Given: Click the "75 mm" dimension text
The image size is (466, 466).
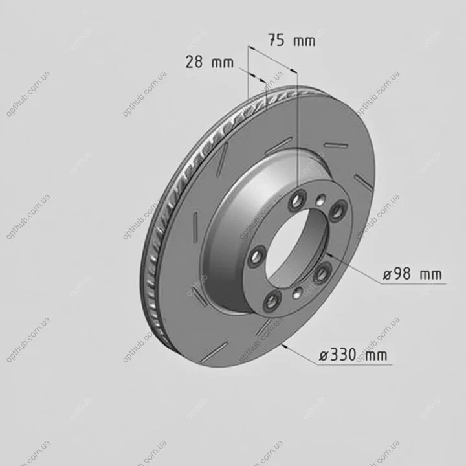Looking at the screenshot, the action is pyautogui.click(x=291, y=40).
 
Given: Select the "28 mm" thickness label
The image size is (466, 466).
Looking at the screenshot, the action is pyautogui.click(x=210, y=62).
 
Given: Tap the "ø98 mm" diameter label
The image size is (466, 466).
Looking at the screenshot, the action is pyautogui.click(x=412, y=274).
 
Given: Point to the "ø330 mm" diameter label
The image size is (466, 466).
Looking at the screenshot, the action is pyautogui.click(x=353, y=355).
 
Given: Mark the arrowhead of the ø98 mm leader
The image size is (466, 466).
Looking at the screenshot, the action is pyautogui.click(x=329, y=254).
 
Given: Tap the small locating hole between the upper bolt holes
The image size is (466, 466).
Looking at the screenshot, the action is pyautogui.click(x=320, y=200).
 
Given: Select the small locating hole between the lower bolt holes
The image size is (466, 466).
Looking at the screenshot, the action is pyautogui.click(x=298, y=293).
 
